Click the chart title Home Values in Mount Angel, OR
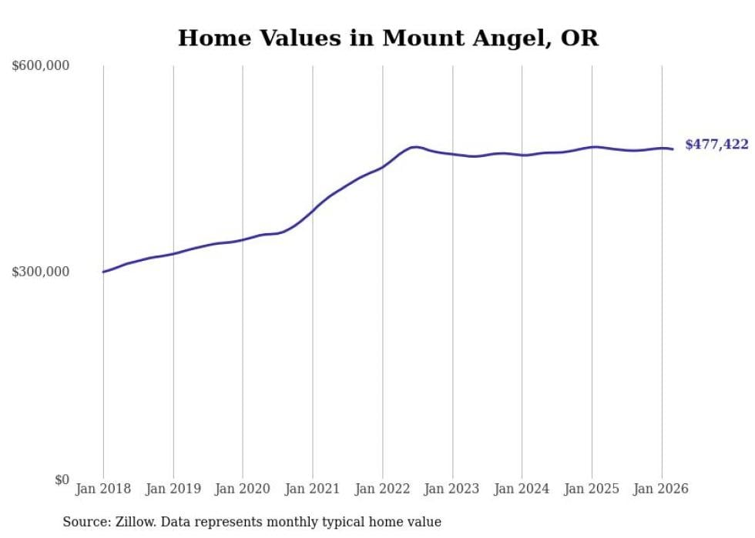(388, 38)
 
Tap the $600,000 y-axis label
(40, 65)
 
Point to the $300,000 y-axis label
(40, 272)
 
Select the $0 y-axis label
(62, 480)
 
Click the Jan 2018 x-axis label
(103, 489)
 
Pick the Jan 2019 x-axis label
(173, 489)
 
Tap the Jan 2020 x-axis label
(243, 489)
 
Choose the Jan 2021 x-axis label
(313, 489)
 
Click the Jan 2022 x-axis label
(382, 489)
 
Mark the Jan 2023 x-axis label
(452, 489)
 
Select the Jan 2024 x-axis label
(522, 489)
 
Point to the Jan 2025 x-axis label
(592, 489)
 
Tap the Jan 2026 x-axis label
(661, 489)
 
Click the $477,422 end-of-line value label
(717, 145)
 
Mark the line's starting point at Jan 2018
(103, 272)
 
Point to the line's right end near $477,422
(673, 149)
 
